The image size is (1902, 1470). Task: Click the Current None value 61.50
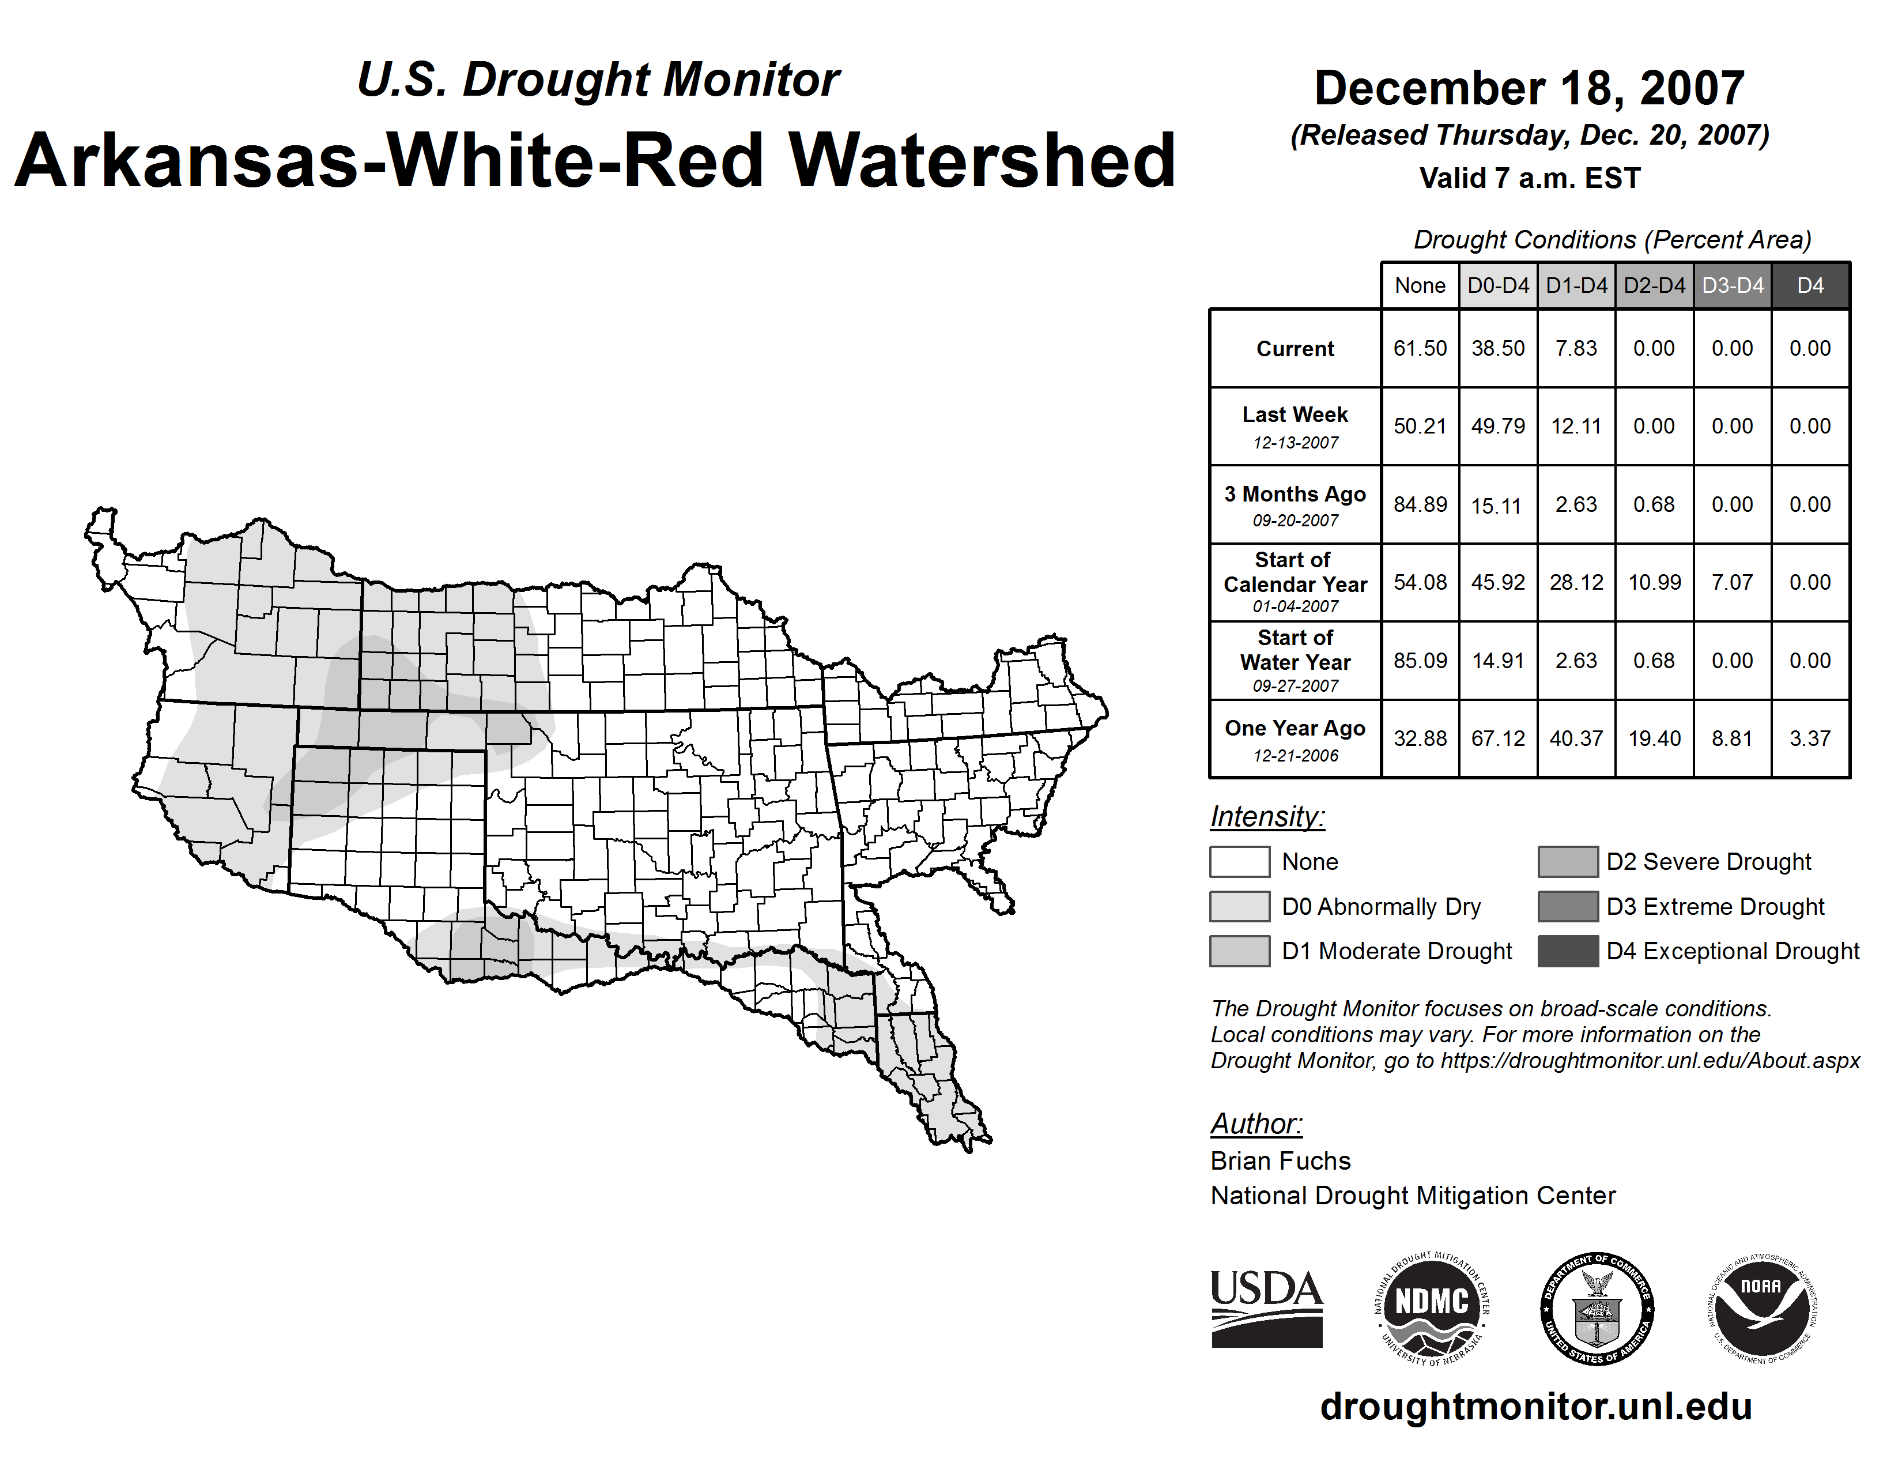(1420, 348)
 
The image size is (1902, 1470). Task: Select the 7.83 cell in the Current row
(1576, 348)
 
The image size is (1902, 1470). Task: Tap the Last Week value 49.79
(1498, 426)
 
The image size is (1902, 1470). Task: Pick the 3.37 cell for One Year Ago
(1810, 738)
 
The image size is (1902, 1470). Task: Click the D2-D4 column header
(1654, 285)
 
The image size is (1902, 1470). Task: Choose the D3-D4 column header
(1732, 285)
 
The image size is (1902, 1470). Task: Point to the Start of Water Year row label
(1295, 660)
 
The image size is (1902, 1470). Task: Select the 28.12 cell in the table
(1576, 582)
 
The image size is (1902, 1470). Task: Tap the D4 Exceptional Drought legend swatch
(1568, 951)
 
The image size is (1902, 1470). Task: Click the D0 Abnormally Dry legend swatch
(1239, 906)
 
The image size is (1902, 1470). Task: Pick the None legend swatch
(1239, 861)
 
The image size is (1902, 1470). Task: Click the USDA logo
(1266, 1308)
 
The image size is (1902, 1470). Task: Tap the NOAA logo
(1762, 1308)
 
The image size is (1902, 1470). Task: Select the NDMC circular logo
(1432, 1308)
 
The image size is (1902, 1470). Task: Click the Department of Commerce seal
(1597, 1308)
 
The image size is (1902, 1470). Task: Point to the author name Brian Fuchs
(1280, 1161)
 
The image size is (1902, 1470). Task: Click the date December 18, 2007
(1529, 88)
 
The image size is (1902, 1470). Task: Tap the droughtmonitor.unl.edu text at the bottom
(1536, 1407)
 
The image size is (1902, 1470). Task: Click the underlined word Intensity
(1267, 817)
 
